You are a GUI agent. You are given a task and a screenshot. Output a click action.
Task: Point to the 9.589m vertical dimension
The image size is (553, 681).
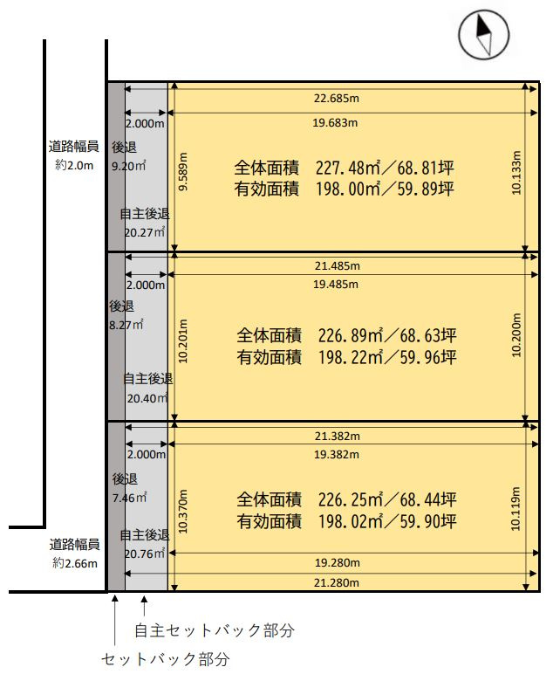pos(183,173)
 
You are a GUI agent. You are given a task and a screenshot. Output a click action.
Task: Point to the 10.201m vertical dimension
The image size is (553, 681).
pos(183,340)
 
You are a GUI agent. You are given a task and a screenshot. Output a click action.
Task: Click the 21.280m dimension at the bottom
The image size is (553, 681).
pos(335,582)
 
